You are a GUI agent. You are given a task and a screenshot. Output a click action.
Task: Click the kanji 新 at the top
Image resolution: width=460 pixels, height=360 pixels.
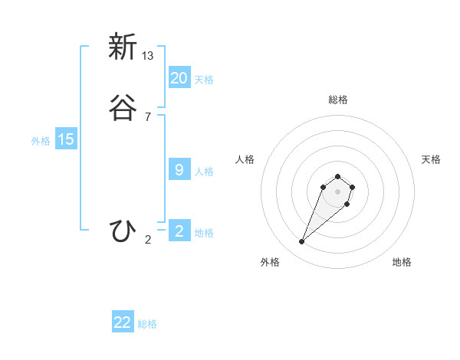click(x=122, y=47)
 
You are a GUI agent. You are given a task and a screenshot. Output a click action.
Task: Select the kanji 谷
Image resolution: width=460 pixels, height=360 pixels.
click(x=122, y=109)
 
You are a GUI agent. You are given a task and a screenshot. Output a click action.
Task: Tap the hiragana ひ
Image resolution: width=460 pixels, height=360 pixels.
click(x=122, y=231)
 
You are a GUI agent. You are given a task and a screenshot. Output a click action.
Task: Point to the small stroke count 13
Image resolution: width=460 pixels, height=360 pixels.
click(x=148, y=56)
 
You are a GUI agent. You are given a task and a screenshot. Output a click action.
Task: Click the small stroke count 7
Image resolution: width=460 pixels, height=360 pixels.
click(x=148, y=117)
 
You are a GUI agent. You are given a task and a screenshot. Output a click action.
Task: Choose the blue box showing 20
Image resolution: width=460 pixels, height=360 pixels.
click(x=179, y=78)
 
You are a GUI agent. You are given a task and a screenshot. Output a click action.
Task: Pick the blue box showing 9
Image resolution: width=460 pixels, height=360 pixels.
click(x=179, y=170)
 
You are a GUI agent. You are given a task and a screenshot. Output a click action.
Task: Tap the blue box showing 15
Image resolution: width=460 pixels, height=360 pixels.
click(x=66, y=139)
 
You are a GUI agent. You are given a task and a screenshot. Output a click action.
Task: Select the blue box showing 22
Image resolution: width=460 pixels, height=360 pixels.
click(x=123, y=322)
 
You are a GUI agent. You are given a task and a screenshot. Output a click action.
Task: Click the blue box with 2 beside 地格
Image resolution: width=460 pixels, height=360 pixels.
click(x=179, y=231)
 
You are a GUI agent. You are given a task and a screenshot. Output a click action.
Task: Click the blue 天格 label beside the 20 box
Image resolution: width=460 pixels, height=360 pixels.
click(x=204, y=80)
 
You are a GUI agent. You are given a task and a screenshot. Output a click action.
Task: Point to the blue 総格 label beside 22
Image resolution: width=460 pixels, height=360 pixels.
click(x=147, y=324)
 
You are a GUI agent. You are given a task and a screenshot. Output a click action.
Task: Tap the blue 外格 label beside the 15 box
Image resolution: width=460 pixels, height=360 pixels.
click(x=41, y=141)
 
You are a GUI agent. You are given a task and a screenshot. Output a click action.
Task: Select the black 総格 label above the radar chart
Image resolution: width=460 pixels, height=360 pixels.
click(x=338, y=100)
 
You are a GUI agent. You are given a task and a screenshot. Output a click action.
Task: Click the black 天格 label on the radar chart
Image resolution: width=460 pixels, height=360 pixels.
click(x=431, y=159)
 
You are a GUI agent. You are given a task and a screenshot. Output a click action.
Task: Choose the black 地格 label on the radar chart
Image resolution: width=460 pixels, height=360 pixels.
click(x=402, y=262)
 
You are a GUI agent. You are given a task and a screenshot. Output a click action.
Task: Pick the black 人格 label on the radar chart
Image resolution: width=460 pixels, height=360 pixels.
click(x=245, y=159)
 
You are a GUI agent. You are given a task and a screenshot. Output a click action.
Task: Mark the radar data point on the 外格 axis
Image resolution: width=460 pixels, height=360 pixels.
click(x=302, y=242)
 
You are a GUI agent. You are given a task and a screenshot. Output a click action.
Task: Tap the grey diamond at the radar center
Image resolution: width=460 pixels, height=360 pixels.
click(x=338, y=191)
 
